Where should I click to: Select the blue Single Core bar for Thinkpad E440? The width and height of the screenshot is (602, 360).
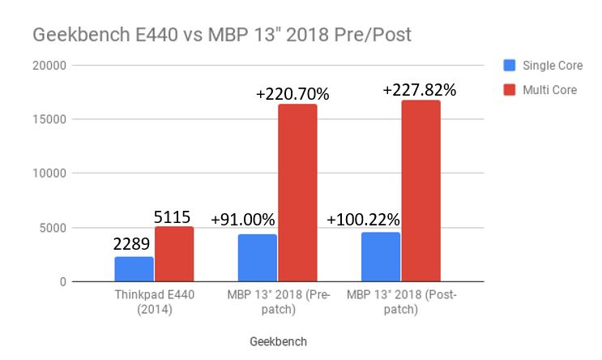pos(134,268)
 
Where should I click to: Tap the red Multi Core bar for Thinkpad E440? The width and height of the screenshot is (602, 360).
pos(174,254)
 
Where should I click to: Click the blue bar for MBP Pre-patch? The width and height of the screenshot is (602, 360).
pos(258,258)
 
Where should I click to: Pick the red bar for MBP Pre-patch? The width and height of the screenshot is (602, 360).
pos(297,192)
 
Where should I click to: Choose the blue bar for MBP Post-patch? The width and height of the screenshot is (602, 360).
pos(381,256)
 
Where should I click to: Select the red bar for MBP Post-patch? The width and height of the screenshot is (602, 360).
pos(421,191)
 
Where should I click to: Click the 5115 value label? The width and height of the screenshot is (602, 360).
pos(173,216)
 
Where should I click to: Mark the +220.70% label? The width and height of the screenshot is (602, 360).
pos(292,94)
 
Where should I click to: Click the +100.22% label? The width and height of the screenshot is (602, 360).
pos(365,220)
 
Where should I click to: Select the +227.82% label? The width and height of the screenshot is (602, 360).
pos(420,89)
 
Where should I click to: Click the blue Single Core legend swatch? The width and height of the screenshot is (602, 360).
pos(510,64)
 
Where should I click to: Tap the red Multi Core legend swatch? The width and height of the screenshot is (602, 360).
pos(510,89)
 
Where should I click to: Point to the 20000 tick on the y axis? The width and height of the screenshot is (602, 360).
pos(49,65)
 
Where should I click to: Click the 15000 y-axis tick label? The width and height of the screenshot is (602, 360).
pos(49,119)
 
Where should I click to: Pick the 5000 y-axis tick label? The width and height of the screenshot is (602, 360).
pos(53,228)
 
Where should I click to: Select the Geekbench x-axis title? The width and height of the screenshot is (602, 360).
pos(277,342)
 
